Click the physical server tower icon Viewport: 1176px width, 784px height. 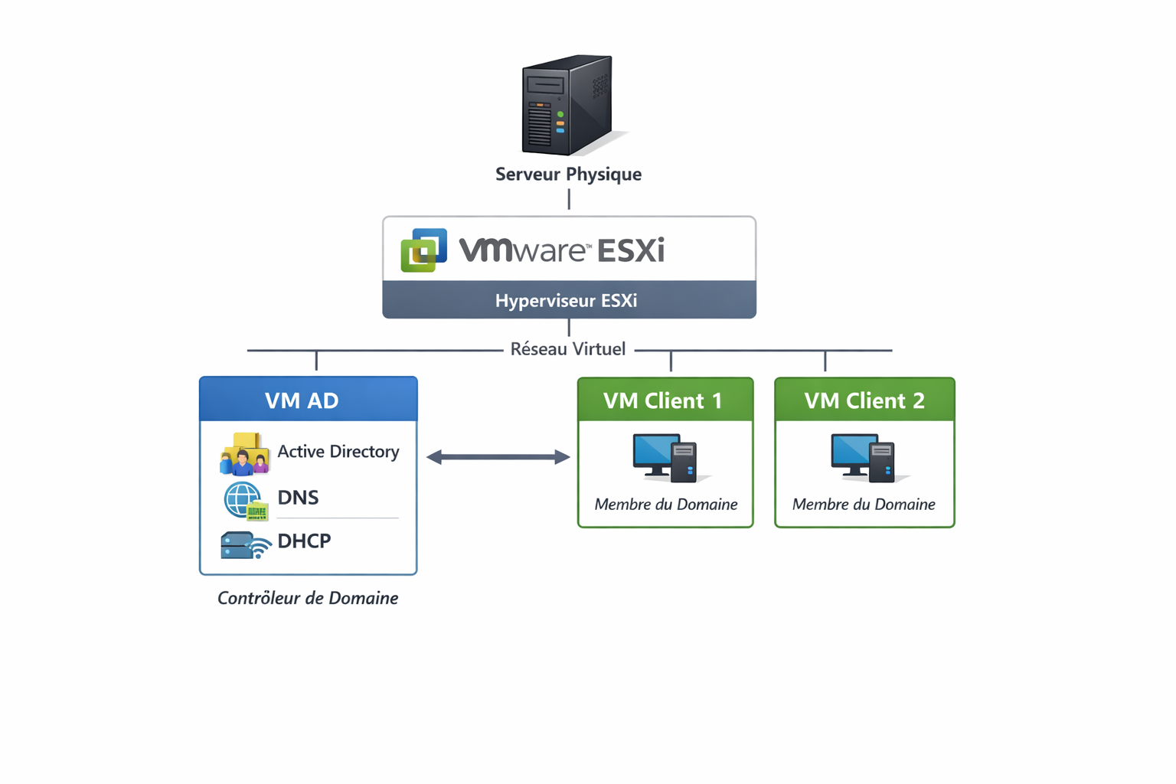coord(567,105)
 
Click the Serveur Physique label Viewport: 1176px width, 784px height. coord(568,175)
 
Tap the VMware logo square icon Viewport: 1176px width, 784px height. coord(423,250)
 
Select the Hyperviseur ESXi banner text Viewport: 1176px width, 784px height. coord(567,300)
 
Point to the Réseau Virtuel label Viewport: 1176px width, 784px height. coord(568,349)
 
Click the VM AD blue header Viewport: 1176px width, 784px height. coord(308,400)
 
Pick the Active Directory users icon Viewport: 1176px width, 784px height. coord(244,453)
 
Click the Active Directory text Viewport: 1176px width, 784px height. coord(338,452)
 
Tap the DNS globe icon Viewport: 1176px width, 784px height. coord(244,501)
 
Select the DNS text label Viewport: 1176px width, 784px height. coord(298,498)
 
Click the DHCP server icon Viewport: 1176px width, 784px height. coord(244,545)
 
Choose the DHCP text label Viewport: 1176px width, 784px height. coord(304,541)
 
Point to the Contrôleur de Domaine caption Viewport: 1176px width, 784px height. coord(308,598)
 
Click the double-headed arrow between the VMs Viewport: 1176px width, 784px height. coord(498,457)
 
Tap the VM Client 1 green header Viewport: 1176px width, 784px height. coord(665,400)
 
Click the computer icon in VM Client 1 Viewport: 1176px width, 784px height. coord(665,458)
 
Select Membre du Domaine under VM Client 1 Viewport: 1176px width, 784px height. coord(666,505)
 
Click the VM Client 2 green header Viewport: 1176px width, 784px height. coord(864,400)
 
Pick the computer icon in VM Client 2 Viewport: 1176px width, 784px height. coord(864,458)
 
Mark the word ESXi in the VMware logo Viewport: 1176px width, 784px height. coord(630,250)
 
